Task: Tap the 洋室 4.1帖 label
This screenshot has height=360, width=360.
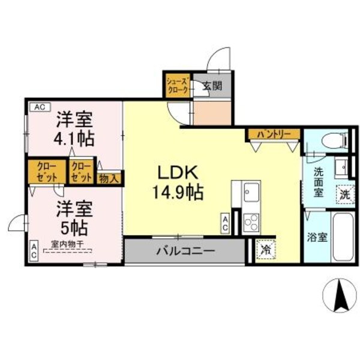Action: [x=74, y=128]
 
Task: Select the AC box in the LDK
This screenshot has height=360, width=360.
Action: [x=226, y=224]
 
